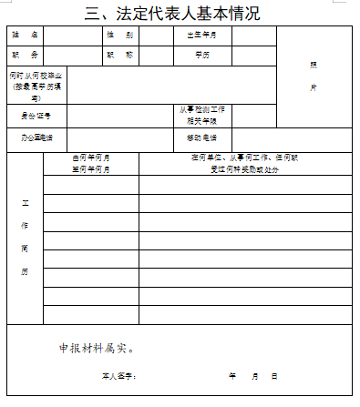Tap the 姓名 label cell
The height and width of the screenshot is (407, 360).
click(26, 36)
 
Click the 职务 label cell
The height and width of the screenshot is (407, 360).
click(26, 55)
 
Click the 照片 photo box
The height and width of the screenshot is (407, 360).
click(314, 76)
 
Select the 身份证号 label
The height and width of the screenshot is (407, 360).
click(36, 117)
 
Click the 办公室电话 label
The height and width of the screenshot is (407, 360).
click(36, 138)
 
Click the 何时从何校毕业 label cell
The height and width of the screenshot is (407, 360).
click(36, 85)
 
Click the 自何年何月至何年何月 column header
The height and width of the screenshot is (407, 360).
click(91, 163)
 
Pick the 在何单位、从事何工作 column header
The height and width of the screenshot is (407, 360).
click(244, 163)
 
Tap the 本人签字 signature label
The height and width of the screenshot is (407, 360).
click(118, 376)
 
